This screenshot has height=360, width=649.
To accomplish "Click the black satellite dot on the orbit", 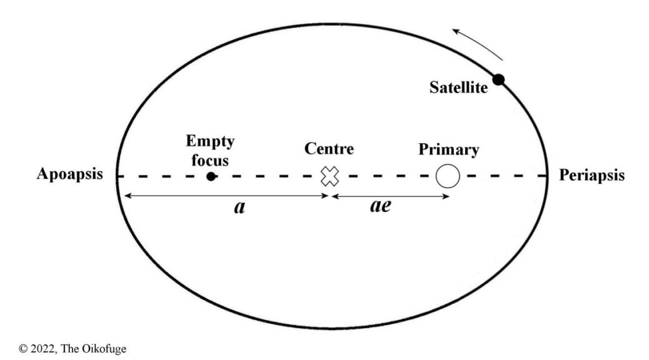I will (498, 79).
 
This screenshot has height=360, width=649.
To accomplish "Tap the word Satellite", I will (458, 88).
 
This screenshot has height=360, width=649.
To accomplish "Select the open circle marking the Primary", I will (448, 176).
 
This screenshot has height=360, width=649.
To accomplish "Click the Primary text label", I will (449, 150).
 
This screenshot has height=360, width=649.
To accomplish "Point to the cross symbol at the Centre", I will (329, 176).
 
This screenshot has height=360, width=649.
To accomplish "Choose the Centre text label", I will (329, 149).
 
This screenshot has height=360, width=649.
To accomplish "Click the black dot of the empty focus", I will (211, 176).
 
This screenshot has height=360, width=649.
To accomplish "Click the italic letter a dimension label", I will (239, 208).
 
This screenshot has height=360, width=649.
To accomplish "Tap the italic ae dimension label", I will (380, 206).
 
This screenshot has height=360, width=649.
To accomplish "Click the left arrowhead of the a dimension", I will (126, 196).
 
